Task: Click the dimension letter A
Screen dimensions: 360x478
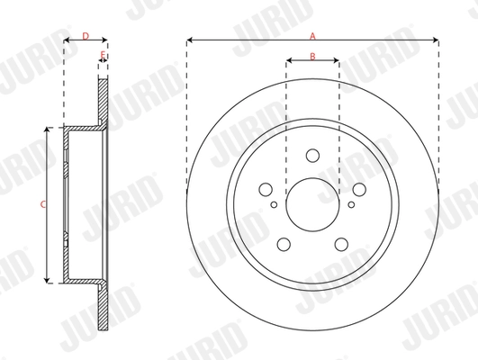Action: (x=313, y=36)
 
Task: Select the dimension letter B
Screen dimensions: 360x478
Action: (x=312, y=57)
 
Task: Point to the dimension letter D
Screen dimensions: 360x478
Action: (x=85, y=36)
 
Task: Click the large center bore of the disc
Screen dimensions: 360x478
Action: (x=312, y=205)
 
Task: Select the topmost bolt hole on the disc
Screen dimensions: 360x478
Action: (x=312, y=155)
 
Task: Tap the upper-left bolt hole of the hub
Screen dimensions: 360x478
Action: (x=266, y=189)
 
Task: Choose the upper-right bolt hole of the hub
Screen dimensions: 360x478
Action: (x=359, y=189)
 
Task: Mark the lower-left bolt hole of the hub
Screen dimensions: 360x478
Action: (x=283, y=244)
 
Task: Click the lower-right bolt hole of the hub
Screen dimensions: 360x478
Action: (x=341, y=244)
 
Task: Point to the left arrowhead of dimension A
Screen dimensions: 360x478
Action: (x=190, y=41)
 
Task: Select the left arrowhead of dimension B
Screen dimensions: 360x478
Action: (x=289, y=62)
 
